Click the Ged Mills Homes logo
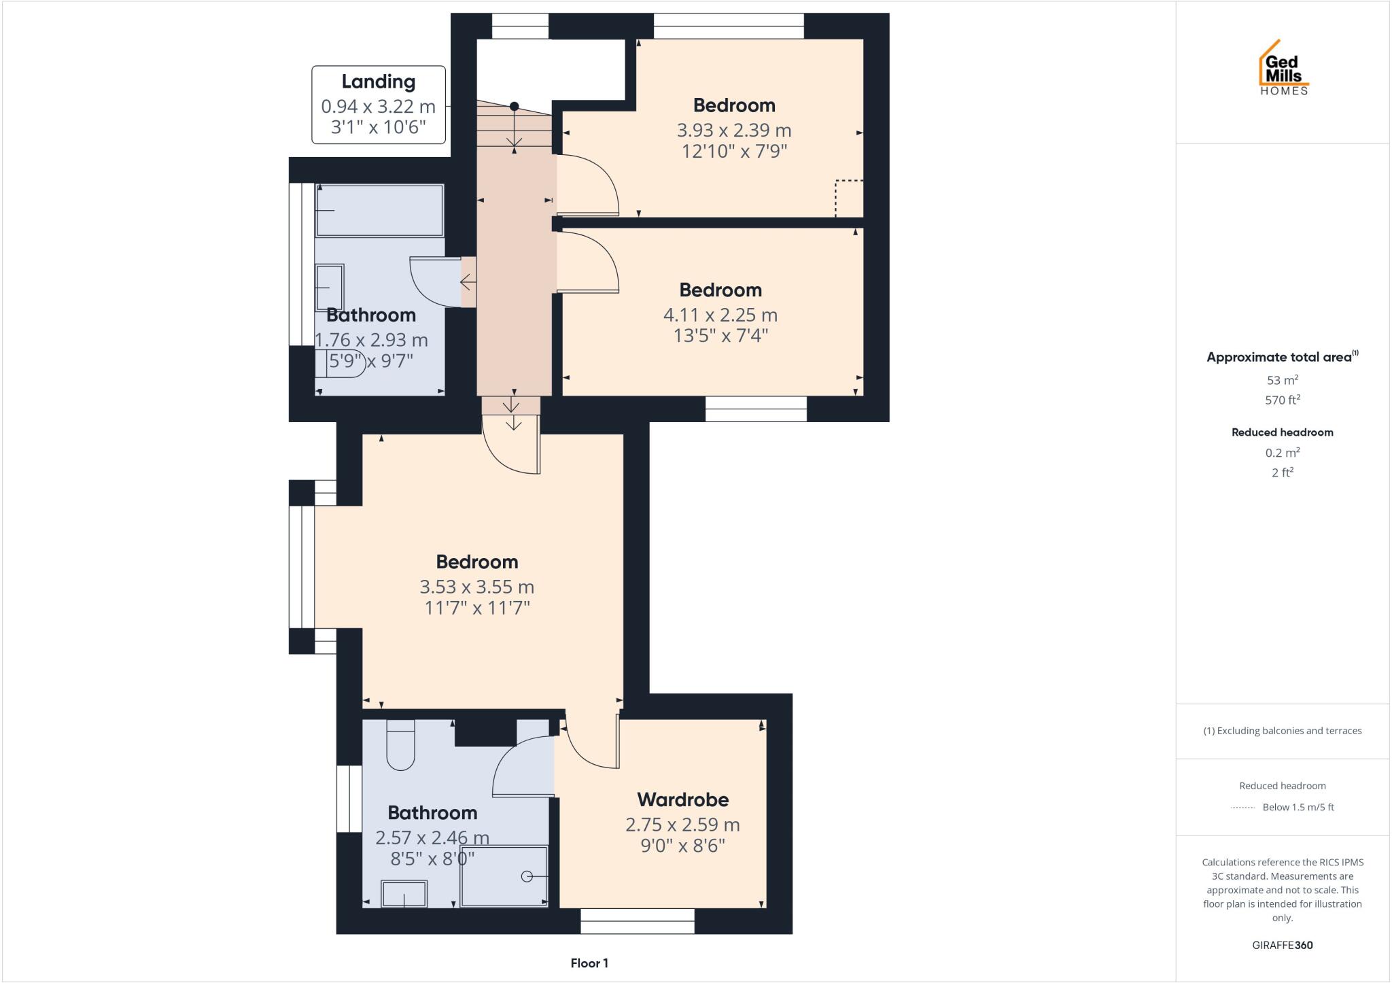point(1283,69)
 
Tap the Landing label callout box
point(378,105)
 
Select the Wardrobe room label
point(682,799)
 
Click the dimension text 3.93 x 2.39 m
point(733,130)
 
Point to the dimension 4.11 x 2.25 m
point(720,315)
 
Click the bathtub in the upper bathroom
point(379,210)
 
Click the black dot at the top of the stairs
point(515,106)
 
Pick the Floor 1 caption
point(589,963)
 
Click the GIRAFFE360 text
point(1282,945)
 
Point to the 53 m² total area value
point(1282,380)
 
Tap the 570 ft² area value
point(1282,400)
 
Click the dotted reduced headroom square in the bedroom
point(849,199)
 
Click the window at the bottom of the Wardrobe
point(637,921)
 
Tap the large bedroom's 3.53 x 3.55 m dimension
point(476,587)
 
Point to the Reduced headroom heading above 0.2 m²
point(1282,432)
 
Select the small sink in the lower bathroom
point(404,893)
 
